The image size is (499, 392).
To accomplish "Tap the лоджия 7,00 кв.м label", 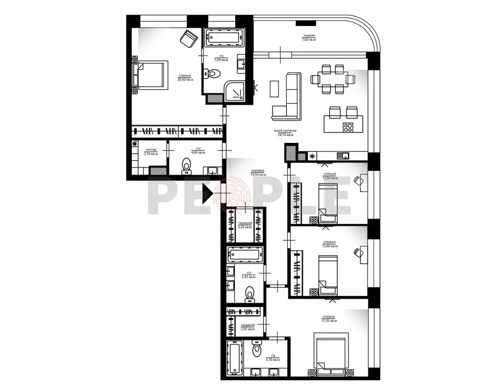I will [309, 37].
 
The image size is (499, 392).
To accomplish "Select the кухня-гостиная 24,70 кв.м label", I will [287, 133].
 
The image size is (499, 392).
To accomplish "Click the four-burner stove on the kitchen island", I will [348, 127].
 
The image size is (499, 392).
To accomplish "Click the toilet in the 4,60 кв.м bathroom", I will [186, 166].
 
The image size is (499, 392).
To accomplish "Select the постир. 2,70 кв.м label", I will [151, 152].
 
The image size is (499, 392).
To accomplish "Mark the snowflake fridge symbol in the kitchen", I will [312, 155].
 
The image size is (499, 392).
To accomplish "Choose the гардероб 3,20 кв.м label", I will [245, 225].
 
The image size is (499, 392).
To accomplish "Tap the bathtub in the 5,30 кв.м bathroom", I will [245, 254].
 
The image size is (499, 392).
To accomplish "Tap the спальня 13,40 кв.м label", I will [329, 243].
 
